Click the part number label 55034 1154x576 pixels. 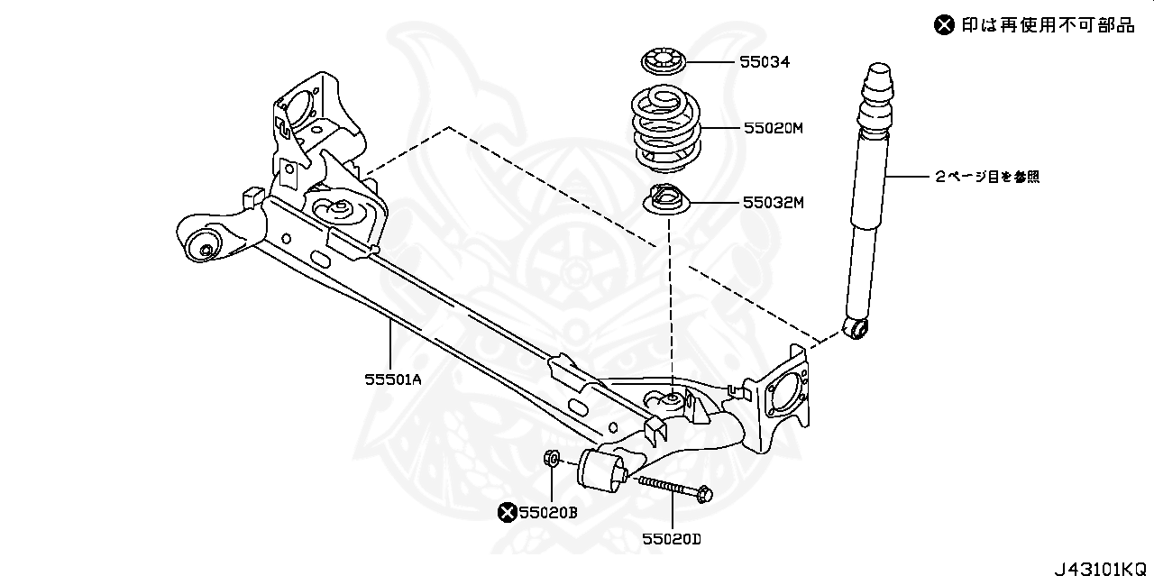765,63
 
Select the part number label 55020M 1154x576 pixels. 773,129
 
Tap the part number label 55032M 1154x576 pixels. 773,203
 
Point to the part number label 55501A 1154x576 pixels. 393,379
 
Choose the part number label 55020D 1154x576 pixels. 672,539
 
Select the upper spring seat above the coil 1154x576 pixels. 665,64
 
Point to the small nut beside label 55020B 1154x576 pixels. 551,460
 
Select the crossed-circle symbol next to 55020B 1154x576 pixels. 508,513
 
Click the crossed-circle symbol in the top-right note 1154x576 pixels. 943,25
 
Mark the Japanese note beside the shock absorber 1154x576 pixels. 986,178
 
